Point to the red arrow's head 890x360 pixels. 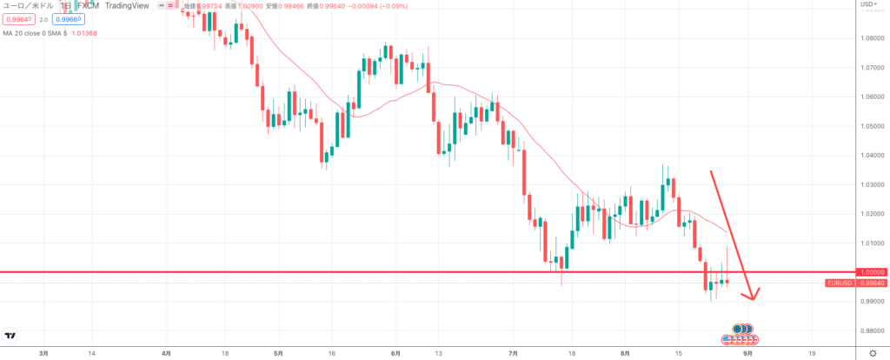752,296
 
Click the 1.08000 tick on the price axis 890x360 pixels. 872,38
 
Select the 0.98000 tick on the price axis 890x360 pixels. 872,330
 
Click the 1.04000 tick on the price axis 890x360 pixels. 872,155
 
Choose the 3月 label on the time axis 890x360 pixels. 44,354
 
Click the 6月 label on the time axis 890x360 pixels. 395,354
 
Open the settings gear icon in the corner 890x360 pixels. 872,353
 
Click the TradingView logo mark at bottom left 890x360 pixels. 10,336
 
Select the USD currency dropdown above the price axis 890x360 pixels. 867,5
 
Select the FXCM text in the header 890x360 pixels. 88,5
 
